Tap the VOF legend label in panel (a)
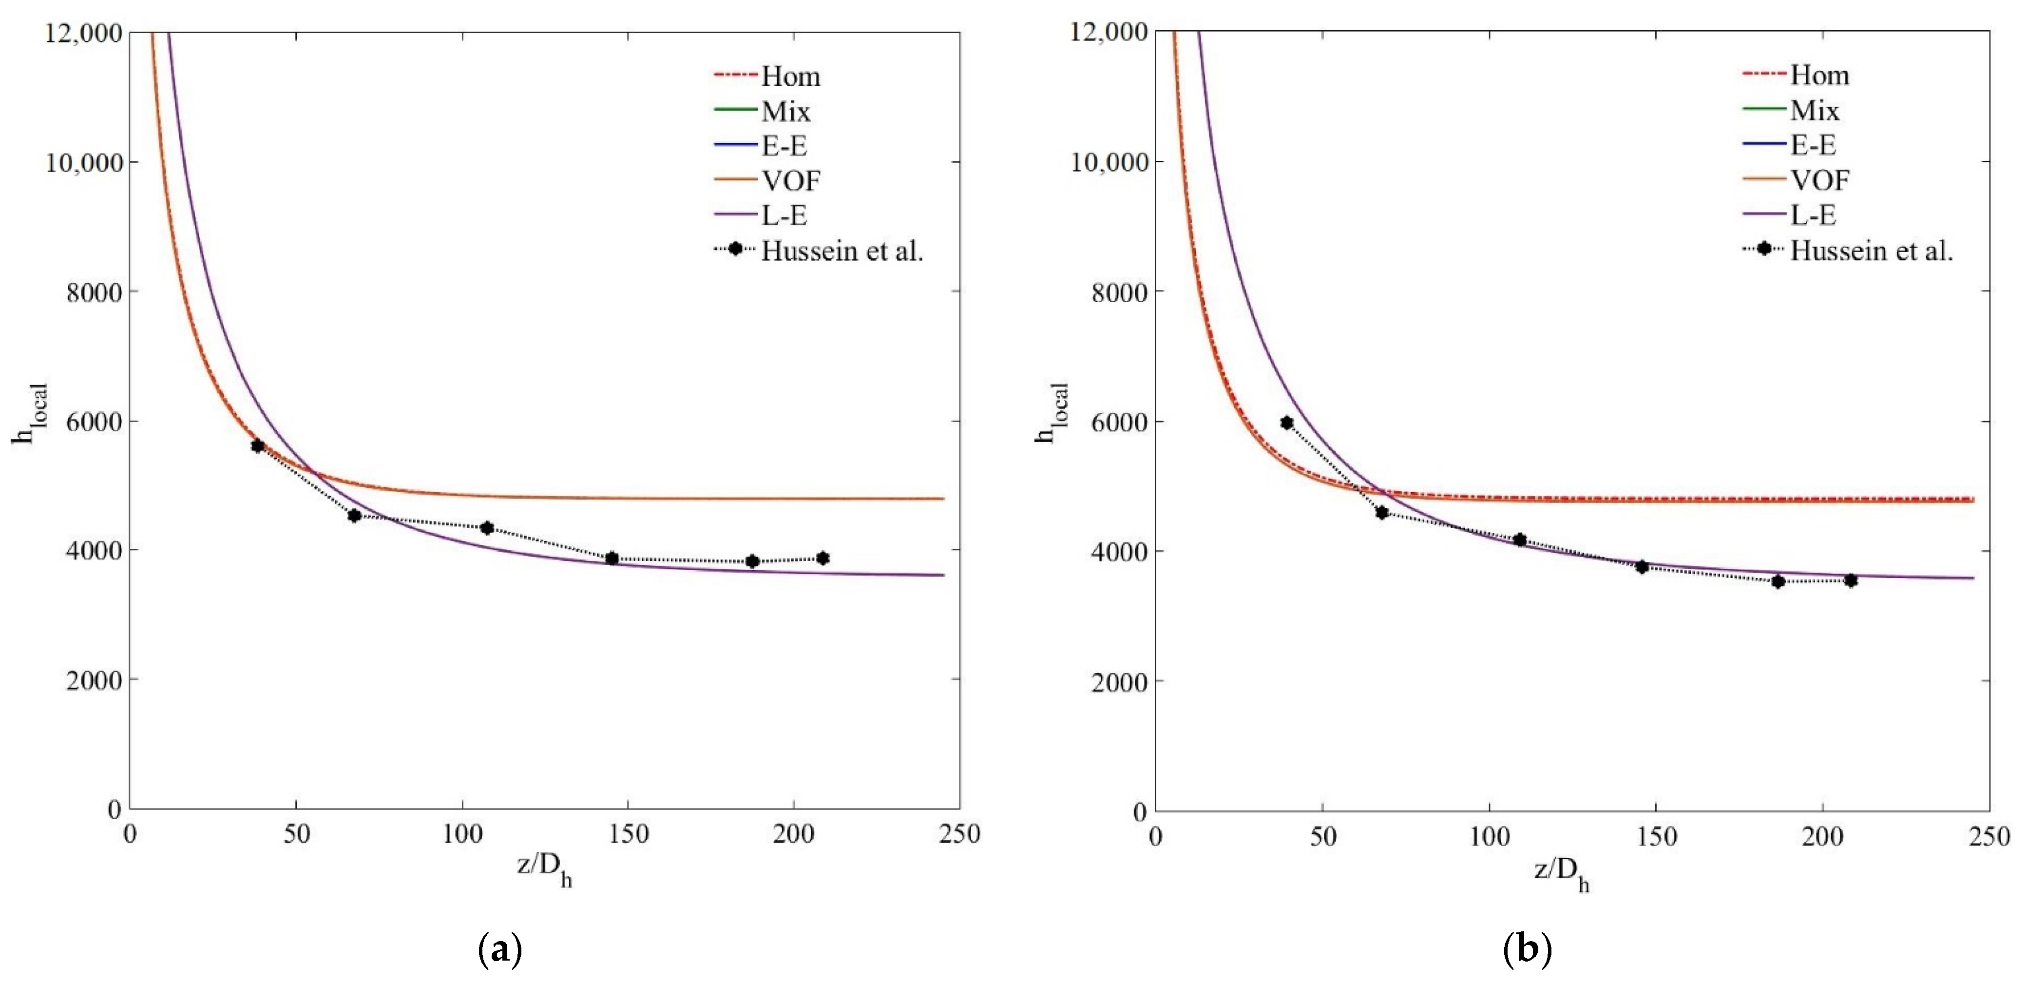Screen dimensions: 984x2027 point(790,180)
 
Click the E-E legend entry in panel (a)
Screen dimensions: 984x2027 point(784,146)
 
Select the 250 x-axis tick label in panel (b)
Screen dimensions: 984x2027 point(1989,836)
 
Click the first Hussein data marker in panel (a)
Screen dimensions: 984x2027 point(257,445)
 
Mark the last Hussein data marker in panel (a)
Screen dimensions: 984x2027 point(822,558)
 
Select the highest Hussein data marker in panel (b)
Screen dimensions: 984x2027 point(1286,423)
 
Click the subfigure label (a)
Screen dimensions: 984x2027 point(499,950)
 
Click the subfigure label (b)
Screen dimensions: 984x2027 point(1527,950)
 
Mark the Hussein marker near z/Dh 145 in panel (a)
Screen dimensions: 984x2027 point(612,558)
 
